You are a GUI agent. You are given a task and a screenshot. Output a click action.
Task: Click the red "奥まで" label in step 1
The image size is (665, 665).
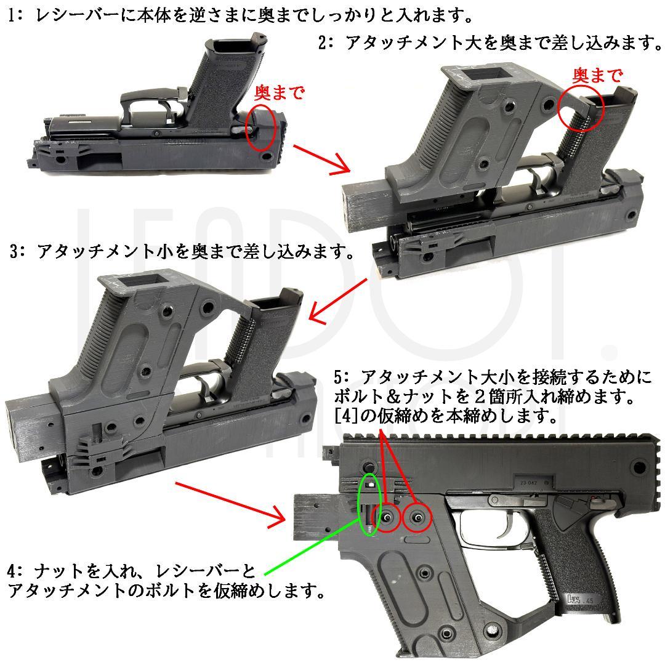pos(280,93)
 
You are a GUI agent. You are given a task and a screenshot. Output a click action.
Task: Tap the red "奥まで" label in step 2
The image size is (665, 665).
pos(597,75)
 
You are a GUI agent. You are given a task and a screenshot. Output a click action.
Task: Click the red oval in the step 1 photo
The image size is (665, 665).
pos(260,128)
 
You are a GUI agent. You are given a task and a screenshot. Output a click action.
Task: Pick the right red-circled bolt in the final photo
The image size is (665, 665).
pos(417,518)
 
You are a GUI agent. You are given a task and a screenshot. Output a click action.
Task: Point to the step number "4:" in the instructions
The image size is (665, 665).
pos(15,570)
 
